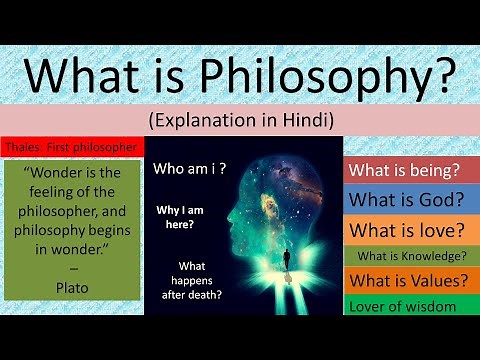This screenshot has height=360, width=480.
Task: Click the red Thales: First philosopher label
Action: coord(70,147)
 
